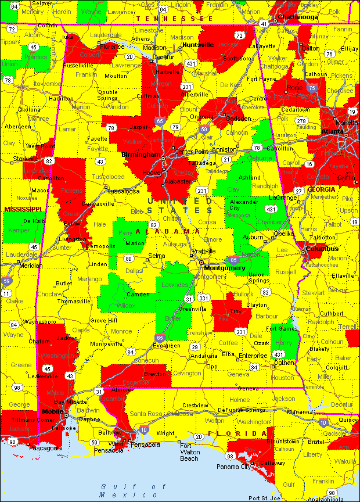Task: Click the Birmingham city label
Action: click(141, 155)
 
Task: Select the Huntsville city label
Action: click(198, 45)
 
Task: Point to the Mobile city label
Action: click(53, 411)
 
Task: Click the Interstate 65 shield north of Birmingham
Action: click(160, 121)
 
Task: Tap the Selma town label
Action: click(156, 256)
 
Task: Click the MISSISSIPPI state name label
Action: click(22, 209)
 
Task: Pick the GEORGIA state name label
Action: click(321, 189)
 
